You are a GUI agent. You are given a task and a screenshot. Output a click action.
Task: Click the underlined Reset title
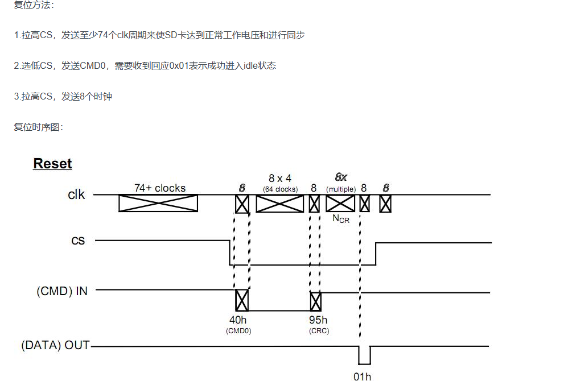point(52,164)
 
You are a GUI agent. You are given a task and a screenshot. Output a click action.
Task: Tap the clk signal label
point(76,194)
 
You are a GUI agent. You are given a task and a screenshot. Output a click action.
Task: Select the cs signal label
point(78,241)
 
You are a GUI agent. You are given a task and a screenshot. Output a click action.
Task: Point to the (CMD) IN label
point(62,291)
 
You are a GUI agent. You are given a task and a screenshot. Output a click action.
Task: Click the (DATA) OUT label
point(55,345)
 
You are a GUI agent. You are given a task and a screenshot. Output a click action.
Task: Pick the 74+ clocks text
point(160,188)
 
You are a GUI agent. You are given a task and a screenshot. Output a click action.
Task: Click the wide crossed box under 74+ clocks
point(158,203)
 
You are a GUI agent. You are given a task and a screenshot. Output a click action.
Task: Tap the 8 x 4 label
point(280,179)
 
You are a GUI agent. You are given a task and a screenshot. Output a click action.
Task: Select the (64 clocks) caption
point(280,189)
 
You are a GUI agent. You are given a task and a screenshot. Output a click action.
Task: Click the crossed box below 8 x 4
point(280,204)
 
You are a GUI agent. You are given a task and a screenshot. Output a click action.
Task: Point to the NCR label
point(341,218)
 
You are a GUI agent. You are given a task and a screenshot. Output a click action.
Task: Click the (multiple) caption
point(341,189)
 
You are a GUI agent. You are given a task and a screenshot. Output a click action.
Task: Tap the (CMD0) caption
point(238,330)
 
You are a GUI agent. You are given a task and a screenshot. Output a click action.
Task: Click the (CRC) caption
point(319,330)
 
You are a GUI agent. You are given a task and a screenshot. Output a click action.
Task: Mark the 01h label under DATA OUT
point(363,376)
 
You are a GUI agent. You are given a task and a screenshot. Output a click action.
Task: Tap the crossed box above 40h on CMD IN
point(242,300)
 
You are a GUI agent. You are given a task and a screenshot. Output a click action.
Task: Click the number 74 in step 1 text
point(104,35)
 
